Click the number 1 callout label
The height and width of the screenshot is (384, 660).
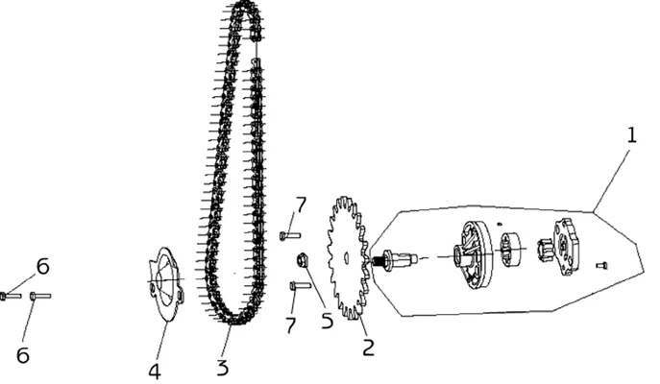pos(631,135)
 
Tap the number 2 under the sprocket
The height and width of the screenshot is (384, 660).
pos(368,348)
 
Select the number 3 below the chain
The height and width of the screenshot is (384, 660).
pos(223,367)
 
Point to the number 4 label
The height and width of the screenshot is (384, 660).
pos(155,372)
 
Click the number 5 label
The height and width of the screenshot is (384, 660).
pos(327,321)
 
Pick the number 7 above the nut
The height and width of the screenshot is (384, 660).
pos(301,205)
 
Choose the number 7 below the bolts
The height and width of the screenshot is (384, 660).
pos(290,325)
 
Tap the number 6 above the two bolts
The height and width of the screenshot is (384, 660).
pos(42,266)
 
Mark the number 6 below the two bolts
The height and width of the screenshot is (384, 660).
pos(23,355)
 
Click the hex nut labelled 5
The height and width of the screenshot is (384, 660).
pos(302,259)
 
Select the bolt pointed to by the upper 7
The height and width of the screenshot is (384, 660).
pos(290,235)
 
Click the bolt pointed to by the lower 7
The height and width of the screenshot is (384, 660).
pos(300,286)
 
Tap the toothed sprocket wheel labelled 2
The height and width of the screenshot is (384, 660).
pos(349,257)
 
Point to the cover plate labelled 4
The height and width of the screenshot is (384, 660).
pos(166,284)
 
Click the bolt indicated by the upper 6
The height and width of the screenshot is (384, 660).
pos(11,296)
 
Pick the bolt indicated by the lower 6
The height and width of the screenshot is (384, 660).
pos(40,296)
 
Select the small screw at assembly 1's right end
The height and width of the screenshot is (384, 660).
pos(602,265)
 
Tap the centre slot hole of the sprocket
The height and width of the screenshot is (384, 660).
pos(345,256)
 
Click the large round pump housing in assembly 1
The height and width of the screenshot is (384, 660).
pos(474,255)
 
